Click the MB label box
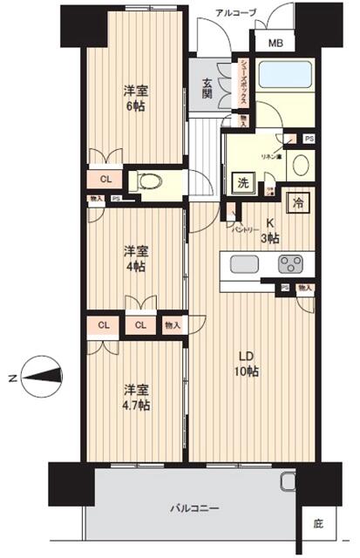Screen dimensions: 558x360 275,43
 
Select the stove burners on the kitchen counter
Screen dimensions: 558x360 290,264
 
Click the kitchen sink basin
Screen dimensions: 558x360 243,264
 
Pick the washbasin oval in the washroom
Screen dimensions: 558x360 299,164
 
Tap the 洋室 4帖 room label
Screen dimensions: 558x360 135,258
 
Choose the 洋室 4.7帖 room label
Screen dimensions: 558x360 135,398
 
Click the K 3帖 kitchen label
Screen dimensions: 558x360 271,229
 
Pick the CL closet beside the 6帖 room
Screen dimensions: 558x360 105,180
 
